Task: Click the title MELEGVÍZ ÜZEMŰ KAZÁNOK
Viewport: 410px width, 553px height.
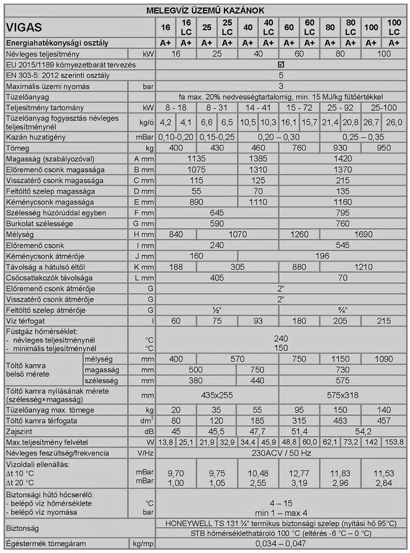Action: pyautogui.click(x=205, y=10)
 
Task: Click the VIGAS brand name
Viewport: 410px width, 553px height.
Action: pyautogui.click(x=24, y=27)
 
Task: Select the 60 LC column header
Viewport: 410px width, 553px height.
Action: pyautogui.click(x=309, y=27)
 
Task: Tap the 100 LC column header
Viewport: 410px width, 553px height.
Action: pyautogui.click(x=394, y=27)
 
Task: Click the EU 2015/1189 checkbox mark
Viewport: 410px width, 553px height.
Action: pyautogui.click(x=281, y=64)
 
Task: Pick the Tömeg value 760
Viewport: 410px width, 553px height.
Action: pyautogui.click(x=299, y=148)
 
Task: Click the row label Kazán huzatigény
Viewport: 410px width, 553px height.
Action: pyautogui.click(x=36, y=137)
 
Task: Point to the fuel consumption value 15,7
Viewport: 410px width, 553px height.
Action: pyautogui.click(x=309, y=122)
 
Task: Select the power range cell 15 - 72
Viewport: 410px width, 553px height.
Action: pyautogui.click(x=299, y=108)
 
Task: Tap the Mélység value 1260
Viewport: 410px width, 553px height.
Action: pyautogui.click(x=299, y=234)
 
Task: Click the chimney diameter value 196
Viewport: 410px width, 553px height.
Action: pyautogui.click(x=322, y=256)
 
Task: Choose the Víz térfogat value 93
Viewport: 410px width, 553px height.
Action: pyautogui.click(x=258, y=321)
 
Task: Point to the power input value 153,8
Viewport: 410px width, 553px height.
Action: pyautogui.click(x=394, y=442)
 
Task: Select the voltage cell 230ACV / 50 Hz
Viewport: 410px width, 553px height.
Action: pyautogui.click(x=281, y=453)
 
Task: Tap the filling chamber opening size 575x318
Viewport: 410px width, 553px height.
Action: pyautogui.click(x=343, y=395)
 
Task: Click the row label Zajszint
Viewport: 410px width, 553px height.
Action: pyautogui.click(x=19, y=432)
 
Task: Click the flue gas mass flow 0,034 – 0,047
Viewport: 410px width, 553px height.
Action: pyautogui.click(x=281, y=544)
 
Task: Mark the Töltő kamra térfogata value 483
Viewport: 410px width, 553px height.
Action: pyautogui.click(x=340, y=421)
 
